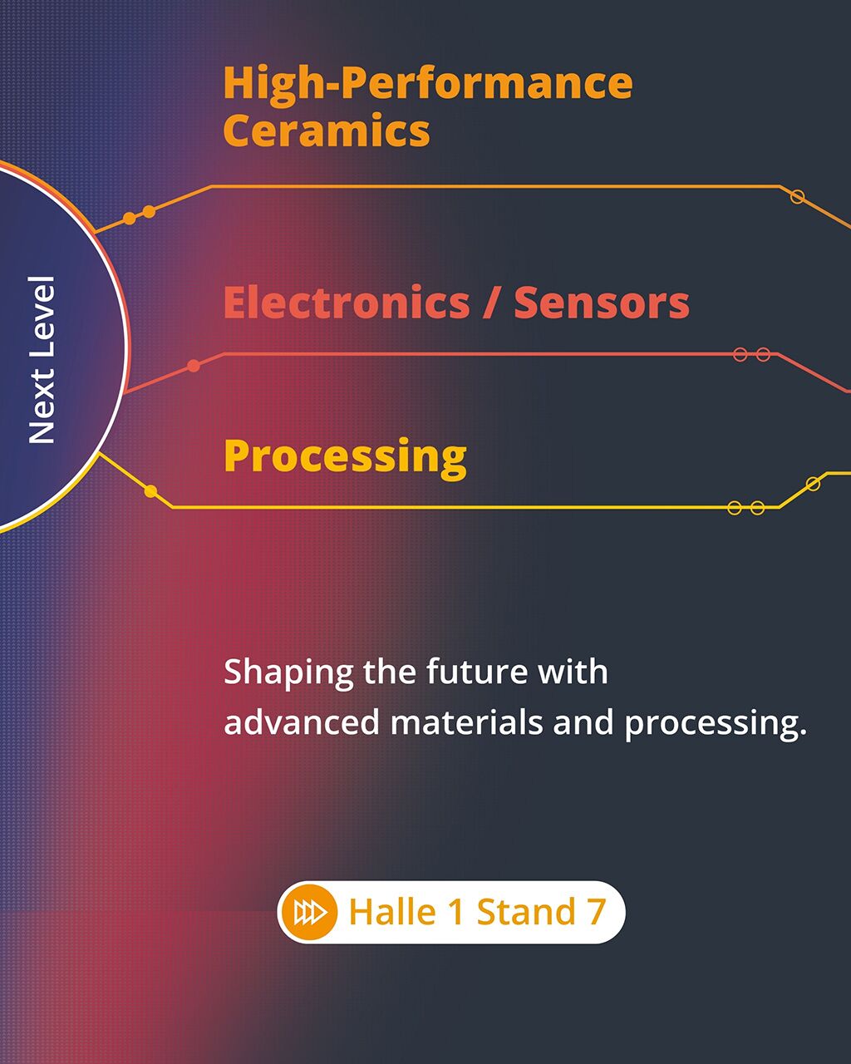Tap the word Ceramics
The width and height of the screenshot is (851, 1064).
(x=327, y=130)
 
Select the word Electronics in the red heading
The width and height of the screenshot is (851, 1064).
(x=347, y=302)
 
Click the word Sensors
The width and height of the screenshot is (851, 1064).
(x=602, y=302)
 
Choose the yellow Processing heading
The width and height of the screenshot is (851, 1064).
(x=345, y=458)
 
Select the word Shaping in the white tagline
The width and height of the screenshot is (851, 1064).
(x=288, y=673)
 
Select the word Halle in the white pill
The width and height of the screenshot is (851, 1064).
(x=392, y=911)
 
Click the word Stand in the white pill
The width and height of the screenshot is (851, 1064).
(x=527, y=911)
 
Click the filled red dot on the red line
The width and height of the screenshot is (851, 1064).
(x=194, y=366)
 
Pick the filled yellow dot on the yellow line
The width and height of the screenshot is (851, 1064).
(x=150, y=491)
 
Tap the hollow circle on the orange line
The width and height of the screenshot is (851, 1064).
(x=797, y=197)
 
